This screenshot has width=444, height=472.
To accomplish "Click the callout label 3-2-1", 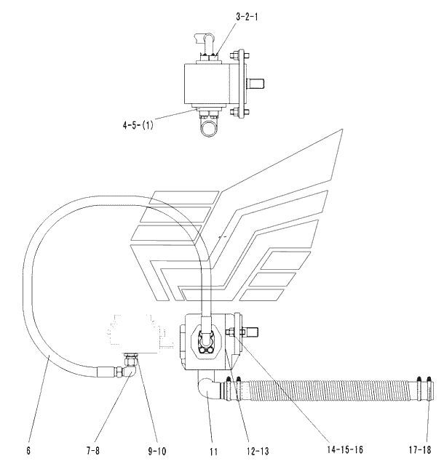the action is [247, 17].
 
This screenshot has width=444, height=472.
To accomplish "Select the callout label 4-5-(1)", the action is [138, 125].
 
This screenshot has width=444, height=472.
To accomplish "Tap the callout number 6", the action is [28, 451].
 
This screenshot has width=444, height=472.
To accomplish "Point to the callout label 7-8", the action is [92, 451].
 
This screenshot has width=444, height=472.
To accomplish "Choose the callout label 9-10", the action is [157, 451].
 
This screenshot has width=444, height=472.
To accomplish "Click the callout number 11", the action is [213, 452].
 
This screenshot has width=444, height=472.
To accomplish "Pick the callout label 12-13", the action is [258, 451].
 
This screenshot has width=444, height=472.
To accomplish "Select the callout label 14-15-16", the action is [345, 449].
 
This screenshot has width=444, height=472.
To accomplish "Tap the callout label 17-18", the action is [420, 450].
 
